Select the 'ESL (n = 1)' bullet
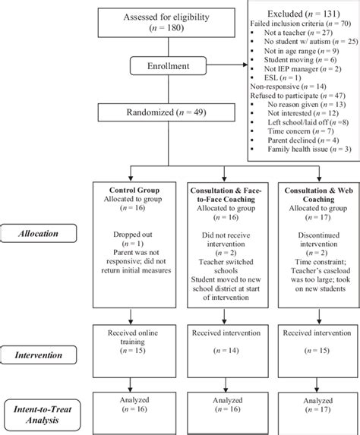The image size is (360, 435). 285,77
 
